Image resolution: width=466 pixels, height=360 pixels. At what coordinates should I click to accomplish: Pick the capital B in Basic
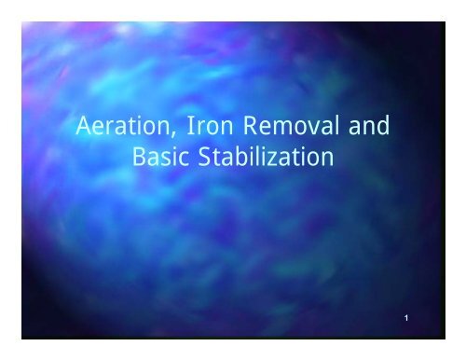pyautogui.click(x=139, y=158)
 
